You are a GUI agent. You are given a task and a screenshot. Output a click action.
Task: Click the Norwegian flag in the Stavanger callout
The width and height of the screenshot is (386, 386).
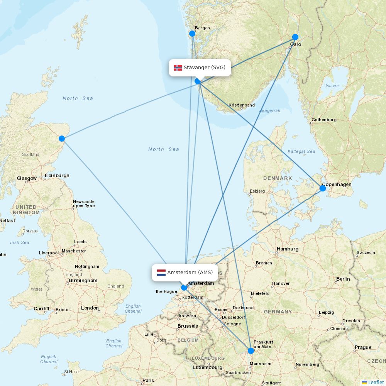pyautogui.click(x=178, y=68)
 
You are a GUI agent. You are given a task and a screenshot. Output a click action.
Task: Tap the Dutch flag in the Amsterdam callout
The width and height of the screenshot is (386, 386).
pyautogui.click(x=161, y=273)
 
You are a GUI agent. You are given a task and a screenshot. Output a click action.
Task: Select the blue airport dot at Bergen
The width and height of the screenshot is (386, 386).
pyautogui.click(x=192, y=34)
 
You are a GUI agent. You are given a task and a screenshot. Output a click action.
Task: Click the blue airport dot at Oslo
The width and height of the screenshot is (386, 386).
pyautogui.click(x=295, y=37)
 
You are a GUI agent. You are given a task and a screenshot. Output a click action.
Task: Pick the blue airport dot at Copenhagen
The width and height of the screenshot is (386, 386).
pyautogui.click(x=323, y=188)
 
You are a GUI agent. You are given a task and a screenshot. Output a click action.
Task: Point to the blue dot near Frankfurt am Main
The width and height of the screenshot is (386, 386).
pyautogui.click(x=251, y=350)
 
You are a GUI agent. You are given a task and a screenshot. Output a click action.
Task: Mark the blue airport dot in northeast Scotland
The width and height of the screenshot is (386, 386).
pyautogui.click(x=62, y=139)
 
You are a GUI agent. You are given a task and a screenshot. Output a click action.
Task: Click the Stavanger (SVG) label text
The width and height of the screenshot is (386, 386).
pyautogui.click(x=205, y=68)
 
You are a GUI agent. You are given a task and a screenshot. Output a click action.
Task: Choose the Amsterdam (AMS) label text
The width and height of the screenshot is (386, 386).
pyautogui.click(x=190, y=273)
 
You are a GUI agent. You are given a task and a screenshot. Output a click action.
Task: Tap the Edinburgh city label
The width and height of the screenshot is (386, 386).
pyautogui.click(x=57, y=176)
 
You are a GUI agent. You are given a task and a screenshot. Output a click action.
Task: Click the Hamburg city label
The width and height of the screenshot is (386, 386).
pyautogui.click(x=288, y=249)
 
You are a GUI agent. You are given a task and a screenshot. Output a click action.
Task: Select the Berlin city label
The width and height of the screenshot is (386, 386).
pyautogui.click(x=343, y=279)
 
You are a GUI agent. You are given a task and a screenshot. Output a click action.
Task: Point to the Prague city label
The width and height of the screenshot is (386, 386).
pyautogui.click(x=363, y=347)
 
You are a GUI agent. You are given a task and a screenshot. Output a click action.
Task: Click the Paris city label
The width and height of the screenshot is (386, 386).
pyautogui.click(x=148, y=381)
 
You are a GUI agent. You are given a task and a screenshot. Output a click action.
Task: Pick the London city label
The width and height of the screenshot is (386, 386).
pyautogui.click(x=90, y=308)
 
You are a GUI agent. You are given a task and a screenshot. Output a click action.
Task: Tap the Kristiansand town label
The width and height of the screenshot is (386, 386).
pyautogui.click(x=242, y=105)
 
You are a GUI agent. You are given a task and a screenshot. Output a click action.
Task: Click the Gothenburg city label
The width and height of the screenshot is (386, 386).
pyautogui.click(x=324, y=120)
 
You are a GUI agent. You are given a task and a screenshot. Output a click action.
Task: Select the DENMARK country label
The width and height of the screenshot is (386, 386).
pyautogui.click(x=278, y=178)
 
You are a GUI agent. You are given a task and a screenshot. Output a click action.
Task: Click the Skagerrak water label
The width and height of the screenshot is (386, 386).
pyautogui.click(x=270, y=110)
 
